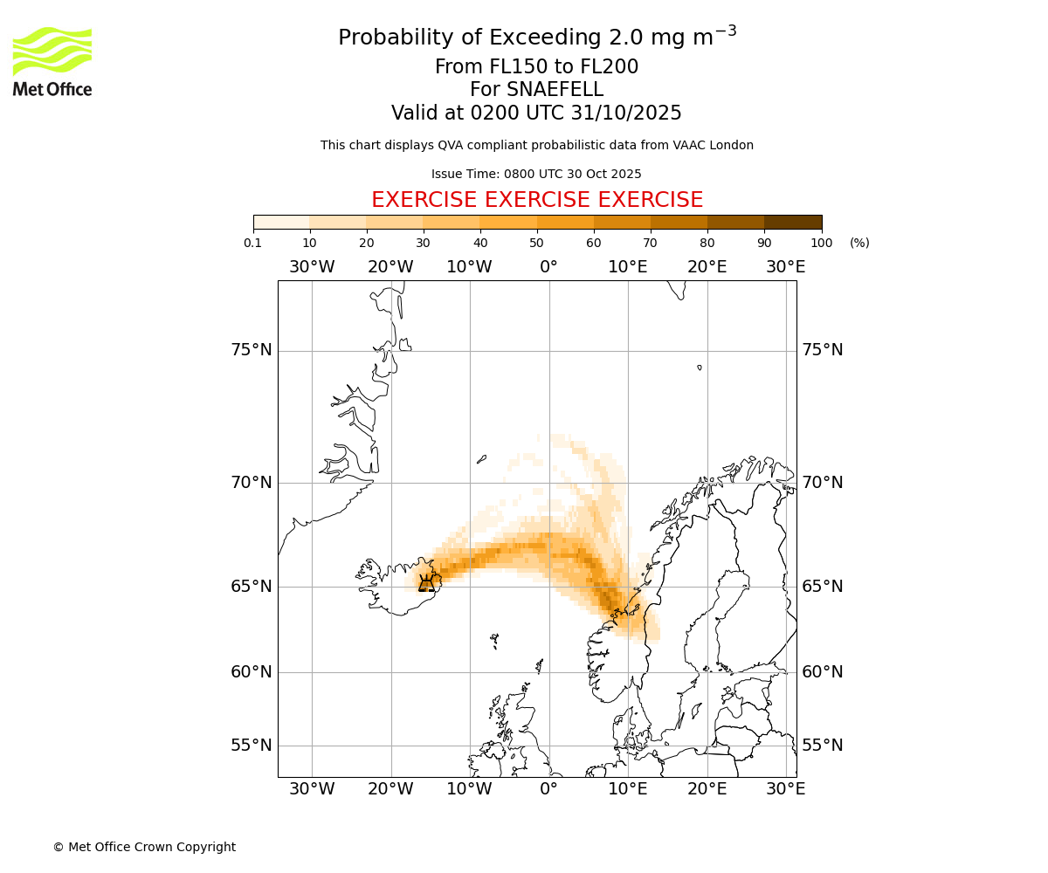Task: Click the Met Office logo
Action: pos(52,61)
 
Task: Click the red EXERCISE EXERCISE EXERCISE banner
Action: pos(537,200)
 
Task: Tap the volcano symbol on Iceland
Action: pos(426,582)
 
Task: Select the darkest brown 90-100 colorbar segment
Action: pos(793,222)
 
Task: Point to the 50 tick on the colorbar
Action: pos(537,243)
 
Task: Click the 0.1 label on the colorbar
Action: pos(253,243)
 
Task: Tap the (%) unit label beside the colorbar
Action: pos(859,243)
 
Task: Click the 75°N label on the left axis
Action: pos(252,350)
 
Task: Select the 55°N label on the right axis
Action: pos(823,745)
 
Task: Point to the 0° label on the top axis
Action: pos(548,266)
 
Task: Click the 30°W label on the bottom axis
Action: pos(312,789)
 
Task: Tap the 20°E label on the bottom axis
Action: pos(707,789)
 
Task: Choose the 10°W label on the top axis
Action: pos(469,266)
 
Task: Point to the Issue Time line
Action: pos(536,174)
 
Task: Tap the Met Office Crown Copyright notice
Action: pos(144,847)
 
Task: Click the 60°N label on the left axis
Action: pos(252,672)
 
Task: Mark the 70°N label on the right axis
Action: pos(823,482)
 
